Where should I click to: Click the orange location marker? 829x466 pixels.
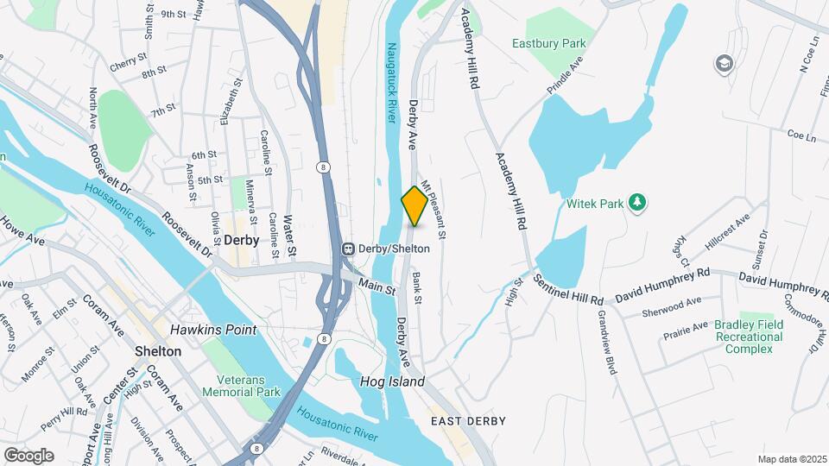coord(414,206)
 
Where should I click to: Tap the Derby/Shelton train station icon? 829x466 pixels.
coord(349,249)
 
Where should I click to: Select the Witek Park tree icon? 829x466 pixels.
coord(637,202)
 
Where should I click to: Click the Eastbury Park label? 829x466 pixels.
coord(560,43)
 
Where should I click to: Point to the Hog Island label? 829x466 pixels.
coord(393,381)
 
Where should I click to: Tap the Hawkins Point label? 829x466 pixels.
coord(205,330)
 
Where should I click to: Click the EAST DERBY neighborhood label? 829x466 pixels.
coord(467,421)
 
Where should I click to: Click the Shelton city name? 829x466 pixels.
coord(158,351)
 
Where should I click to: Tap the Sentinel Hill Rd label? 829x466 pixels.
coord(567,289)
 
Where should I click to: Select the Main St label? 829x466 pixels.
coord(377,286)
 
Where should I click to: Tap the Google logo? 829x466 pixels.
coord(28,455)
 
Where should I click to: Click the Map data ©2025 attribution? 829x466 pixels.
coord(790,459)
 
